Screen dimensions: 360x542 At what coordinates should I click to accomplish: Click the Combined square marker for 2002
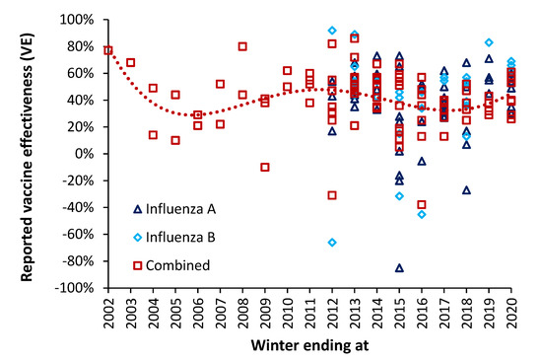pos(107,50)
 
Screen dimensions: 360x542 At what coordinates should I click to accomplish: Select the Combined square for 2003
pos(130,62)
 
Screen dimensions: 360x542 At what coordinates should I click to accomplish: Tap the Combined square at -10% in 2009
pos(265,167)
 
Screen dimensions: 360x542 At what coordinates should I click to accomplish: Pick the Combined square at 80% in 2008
pos(242,46)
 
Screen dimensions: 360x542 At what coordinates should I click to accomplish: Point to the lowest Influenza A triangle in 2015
pos(399,267)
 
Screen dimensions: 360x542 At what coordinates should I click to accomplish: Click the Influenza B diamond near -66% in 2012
pos(332,242)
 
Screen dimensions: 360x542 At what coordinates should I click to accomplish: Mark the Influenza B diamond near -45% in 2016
pos(422,214)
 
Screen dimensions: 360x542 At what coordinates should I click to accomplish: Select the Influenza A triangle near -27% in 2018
pos(466,189)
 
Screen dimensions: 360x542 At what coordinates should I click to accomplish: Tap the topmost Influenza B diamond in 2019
pos(489,42)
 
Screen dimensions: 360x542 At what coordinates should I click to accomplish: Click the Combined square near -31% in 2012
pos(332,195)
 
